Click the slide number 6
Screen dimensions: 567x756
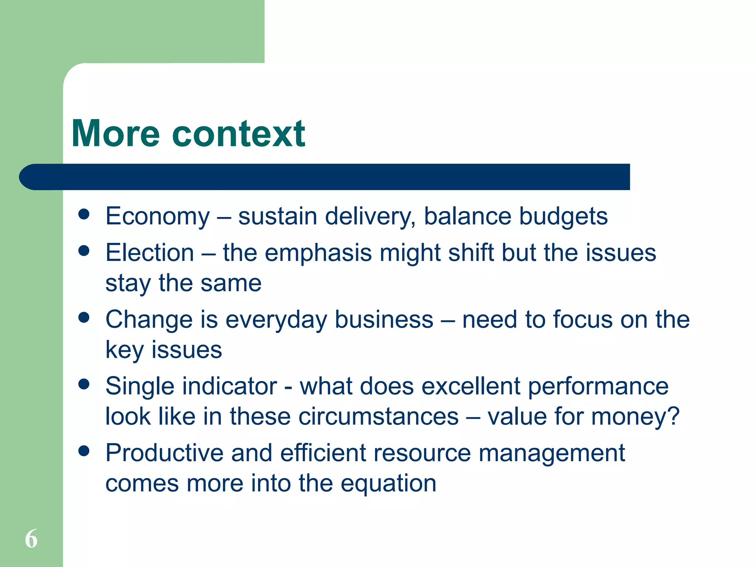coord(31,539)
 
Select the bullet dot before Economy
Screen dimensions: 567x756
coord(84,214)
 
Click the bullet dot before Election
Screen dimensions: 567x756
coord(84,251)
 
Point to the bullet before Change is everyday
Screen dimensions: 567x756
coord(84,317)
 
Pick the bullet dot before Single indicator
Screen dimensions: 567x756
coord(84,384)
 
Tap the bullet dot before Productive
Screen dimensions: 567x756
coord(84,451)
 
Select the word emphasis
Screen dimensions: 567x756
coord(318,254)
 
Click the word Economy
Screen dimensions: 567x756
coord(158,216)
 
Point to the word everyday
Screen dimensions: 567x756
coord(276,320)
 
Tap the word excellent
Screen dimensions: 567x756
coord(471,386)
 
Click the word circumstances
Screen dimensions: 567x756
coord(378,416)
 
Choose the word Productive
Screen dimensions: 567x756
coord(164,453)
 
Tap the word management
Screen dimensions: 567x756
coord(551,453)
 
